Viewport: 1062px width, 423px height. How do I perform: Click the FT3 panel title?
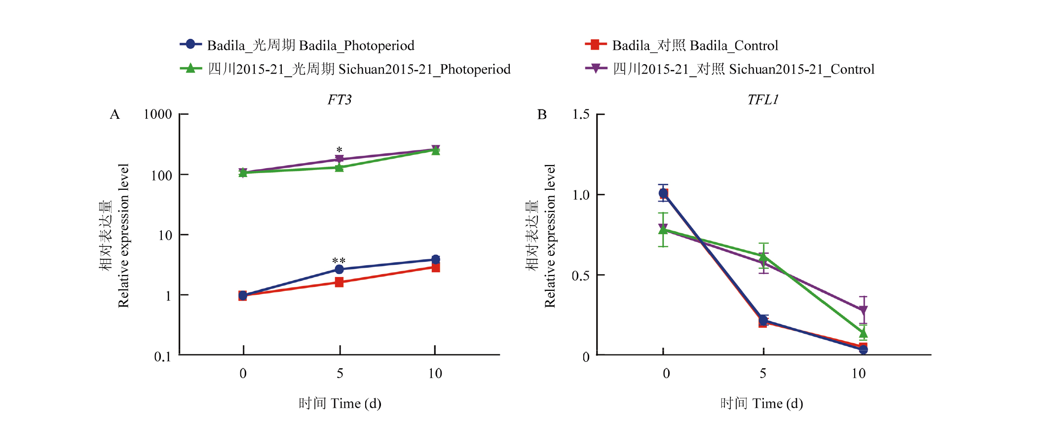(340, 100)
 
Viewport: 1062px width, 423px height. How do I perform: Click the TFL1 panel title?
(762, 100)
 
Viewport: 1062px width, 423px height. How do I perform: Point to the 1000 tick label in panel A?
(157, 114)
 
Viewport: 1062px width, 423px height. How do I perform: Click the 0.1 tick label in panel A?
(162, 356)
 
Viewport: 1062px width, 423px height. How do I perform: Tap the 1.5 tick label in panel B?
(581, 114)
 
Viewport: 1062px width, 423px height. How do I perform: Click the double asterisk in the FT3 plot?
(339, 261)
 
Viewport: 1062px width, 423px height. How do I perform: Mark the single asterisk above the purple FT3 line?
(339, 149)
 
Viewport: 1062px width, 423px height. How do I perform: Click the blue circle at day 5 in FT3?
(339, 269)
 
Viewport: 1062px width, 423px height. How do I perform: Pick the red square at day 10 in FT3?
(435, 268)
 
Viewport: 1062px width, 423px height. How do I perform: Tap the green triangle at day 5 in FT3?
(339, 168)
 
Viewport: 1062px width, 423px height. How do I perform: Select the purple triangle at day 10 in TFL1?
(863, 311)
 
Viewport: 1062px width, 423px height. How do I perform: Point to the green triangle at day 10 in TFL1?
(863, 333)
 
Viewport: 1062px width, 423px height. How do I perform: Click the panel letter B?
(542, 115)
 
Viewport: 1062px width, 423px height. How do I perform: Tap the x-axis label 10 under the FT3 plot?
(435, 374)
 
